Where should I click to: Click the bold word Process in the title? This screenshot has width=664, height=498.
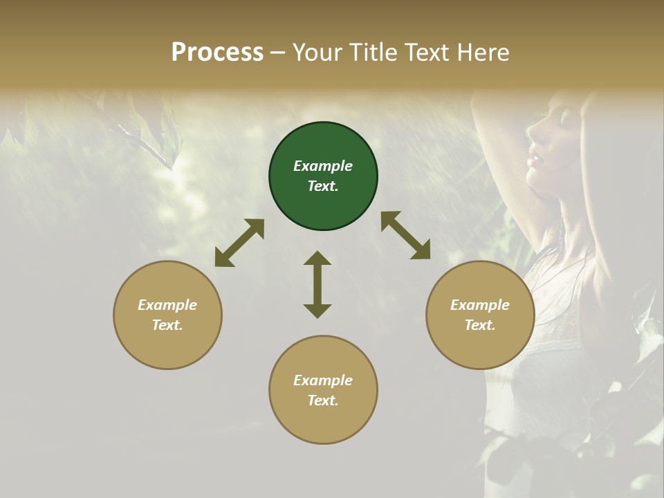[217, 53]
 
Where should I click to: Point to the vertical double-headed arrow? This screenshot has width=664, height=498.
[317, 285]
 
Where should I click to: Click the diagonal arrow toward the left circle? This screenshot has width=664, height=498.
[239, 243]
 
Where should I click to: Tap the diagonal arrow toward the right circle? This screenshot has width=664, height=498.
[406, 235]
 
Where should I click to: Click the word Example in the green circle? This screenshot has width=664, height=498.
[323, 166]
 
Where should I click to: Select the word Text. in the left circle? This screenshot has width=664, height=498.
[167, 325]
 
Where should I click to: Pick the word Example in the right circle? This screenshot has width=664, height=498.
[480, 305]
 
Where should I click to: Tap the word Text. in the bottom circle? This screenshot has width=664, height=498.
[323, 400]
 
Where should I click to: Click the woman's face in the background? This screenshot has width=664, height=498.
[546, 145]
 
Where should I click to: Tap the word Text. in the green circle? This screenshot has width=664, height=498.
[323, 186]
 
